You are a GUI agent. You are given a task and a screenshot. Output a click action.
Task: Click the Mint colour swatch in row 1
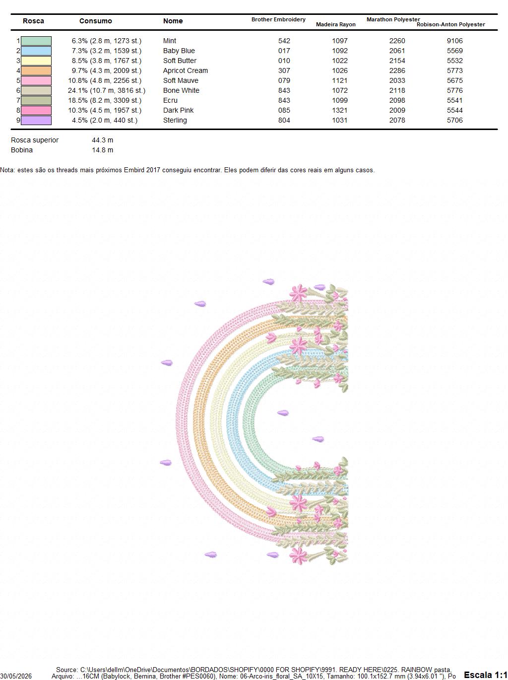tap(36, 41)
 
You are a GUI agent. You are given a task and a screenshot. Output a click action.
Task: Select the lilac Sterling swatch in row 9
tap(36, 120)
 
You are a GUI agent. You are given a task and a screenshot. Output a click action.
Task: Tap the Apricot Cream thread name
tap(186, 70)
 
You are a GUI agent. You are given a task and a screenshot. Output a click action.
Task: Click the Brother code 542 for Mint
tap(284, 41)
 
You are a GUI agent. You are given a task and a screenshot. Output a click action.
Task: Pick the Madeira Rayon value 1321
tap(340, 110)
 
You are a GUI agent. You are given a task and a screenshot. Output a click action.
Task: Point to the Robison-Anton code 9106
tap(454, 41)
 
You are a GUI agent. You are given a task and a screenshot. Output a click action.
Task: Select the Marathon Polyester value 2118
tap(397, 90)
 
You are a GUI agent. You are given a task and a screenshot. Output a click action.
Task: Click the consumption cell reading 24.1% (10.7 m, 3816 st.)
tap(107, 90)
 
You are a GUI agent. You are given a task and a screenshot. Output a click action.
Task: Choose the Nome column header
tap(173, 21)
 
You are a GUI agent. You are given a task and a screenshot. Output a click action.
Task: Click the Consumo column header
tap(95, 21)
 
